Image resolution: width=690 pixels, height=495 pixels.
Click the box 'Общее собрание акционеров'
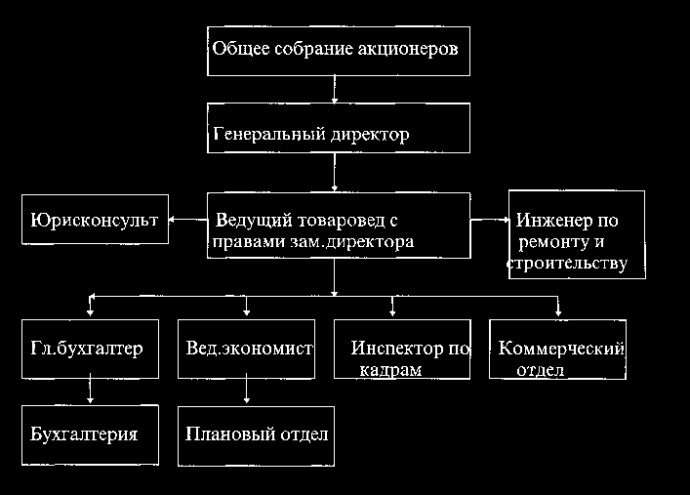click(x=338, y=49)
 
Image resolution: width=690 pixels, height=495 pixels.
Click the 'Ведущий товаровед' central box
click(x=338, y=225)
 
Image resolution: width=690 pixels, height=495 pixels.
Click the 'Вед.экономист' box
click(x=249, y=349)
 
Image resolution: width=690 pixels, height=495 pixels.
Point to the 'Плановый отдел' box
click(x=256, y=435)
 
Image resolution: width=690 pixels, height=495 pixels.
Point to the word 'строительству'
click(x=566, y=264)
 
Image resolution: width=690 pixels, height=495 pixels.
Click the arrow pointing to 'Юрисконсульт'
click(x=186, y=222)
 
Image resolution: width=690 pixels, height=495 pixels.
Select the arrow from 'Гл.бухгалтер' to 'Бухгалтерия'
click(x=90, y=392)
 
